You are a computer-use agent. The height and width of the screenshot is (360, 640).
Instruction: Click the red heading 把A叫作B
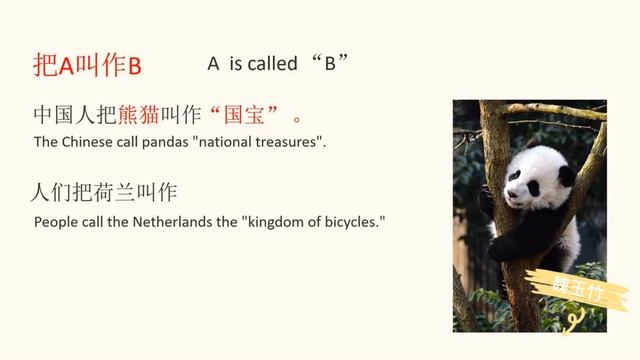pyautogui.click(x=88, y=66)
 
